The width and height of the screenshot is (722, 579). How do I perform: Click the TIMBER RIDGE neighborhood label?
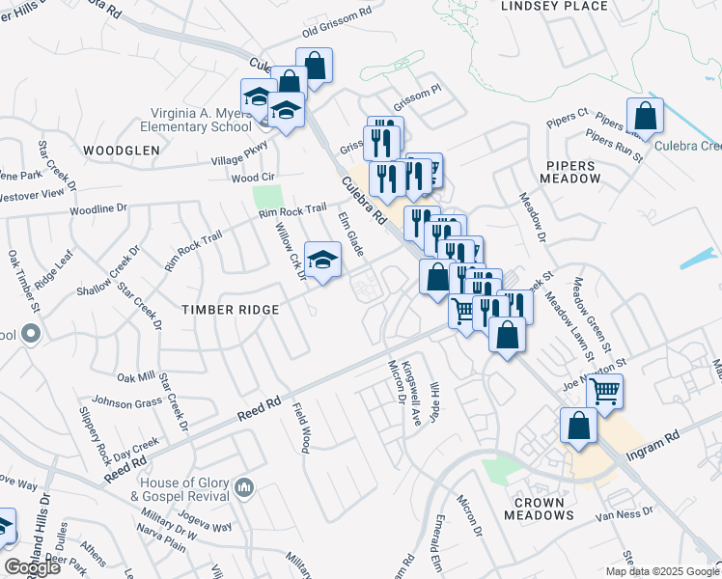pos(231,309)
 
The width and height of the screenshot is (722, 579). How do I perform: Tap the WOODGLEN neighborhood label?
pos(121,151)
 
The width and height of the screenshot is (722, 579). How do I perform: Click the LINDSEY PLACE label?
pos(554,7)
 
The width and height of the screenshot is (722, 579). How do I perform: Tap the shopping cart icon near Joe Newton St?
pos(604,392)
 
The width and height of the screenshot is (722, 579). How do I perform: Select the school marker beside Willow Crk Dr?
pos(323,259)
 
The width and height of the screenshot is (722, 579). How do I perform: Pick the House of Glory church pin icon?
pos(244,489)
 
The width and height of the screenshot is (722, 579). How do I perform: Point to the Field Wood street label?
pos(301,427)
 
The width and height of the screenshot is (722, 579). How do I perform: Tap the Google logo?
pos(32,567)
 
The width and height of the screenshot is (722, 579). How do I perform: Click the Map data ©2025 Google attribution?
pos(662,571)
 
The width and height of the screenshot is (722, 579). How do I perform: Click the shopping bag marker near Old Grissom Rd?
pos(314,66)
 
